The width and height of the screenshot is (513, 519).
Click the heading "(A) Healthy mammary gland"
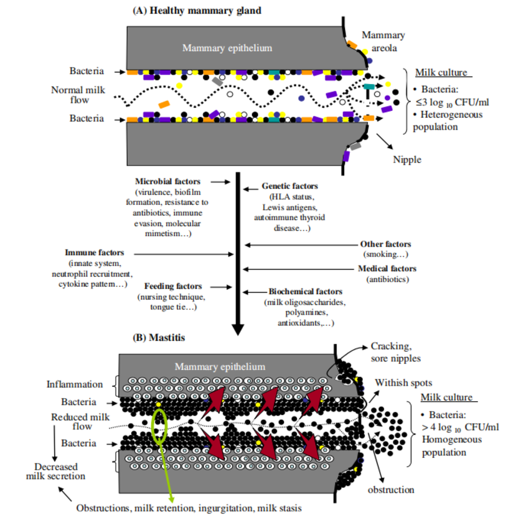pos(197,11)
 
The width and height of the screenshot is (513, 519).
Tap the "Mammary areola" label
pos(383,41)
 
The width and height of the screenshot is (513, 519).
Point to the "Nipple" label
pos(407,160)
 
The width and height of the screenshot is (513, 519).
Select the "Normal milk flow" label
pos(78,95)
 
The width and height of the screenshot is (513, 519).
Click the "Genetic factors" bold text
pos(289,186)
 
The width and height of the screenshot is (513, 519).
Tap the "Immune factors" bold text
pos(94,253)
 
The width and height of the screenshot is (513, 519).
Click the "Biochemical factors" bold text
pos(305,292)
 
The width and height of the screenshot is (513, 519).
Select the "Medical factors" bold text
pos(387,269)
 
